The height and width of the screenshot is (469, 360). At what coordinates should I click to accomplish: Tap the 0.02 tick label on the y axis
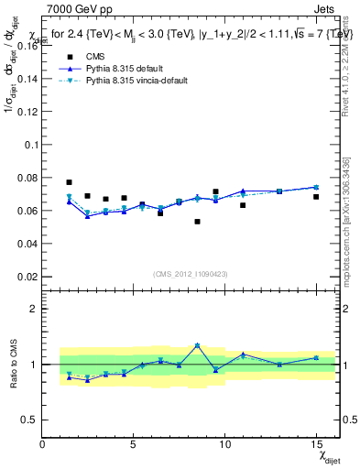click(26, 277)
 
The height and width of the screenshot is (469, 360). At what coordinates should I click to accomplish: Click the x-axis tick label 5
click(134, 444)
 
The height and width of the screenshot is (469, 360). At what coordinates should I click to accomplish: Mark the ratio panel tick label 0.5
click(29, 420)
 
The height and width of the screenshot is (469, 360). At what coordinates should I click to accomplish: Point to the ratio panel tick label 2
click(33, 309)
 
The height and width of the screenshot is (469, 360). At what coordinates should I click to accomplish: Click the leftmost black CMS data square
click(70, 182)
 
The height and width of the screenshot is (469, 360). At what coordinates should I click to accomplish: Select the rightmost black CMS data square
click(316, 197)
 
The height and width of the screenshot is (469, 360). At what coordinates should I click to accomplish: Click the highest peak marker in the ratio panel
click(197, 345)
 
